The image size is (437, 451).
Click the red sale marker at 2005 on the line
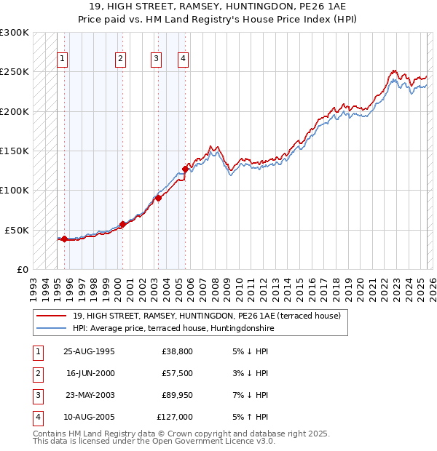tap(185, 169)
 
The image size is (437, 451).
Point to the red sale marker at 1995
tap(64, 239)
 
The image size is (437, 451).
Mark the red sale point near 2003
tap(158, 198)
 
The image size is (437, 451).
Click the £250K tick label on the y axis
tap(15, 72)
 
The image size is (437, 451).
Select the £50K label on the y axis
tap(17, 230)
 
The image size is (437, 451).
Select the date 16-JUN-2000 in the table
tap(90, 373)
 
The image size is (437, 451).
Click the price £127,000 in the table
tap(174, 417)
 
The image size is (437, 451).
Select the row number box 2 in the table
tap(36, 373)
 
